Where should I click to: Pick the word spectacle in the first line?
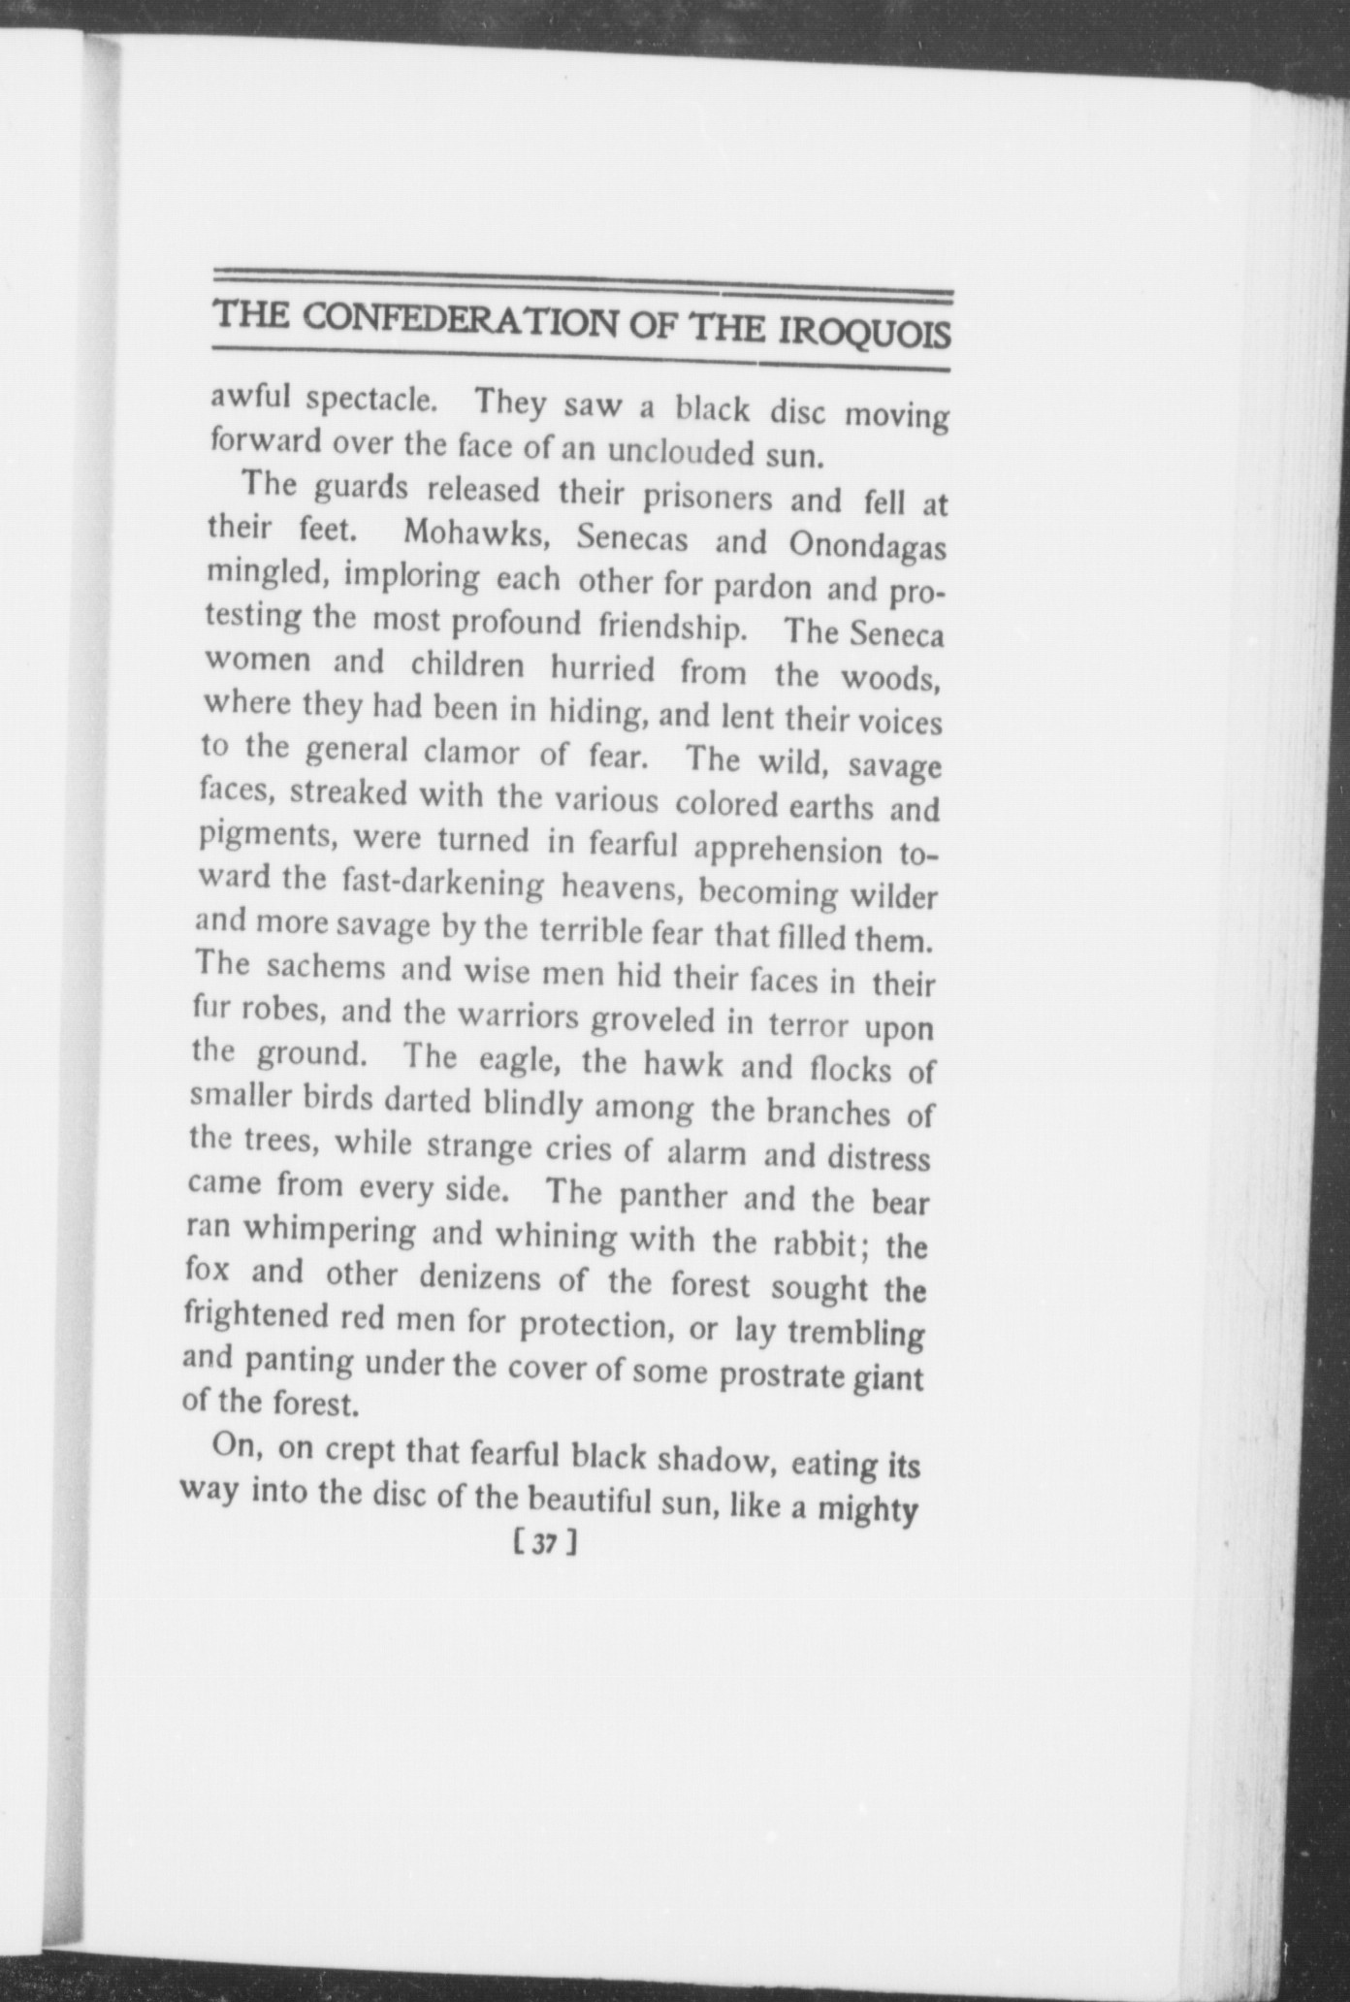[370, 399]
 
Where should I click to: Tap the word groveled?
[666, 1020]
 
